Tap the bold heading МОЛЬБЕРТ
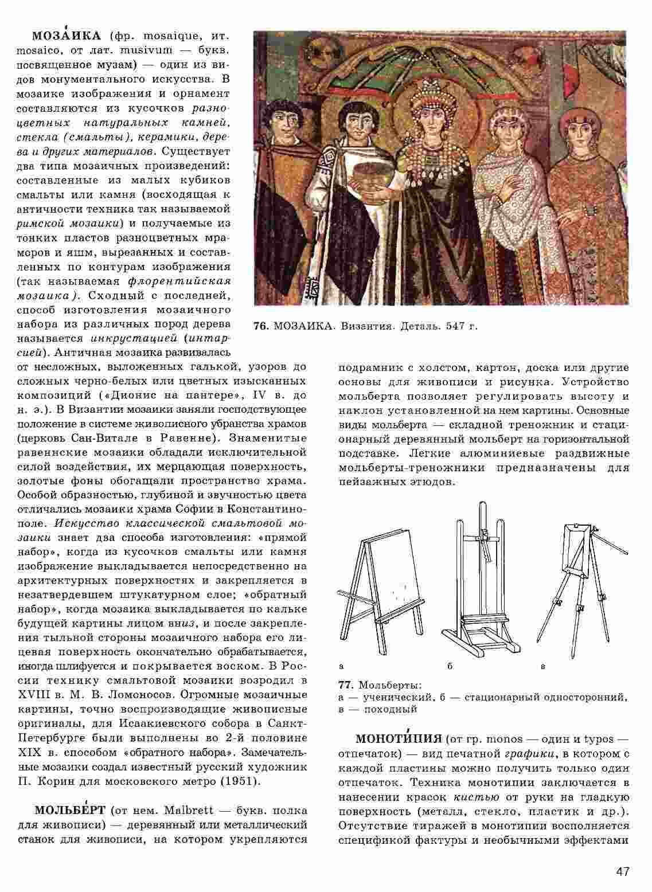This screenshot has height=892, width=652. [70, 811]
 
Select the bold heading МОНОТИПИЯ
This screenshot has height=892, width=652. [399, 738]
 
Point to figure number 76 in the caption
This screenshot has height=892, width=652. [260, 326]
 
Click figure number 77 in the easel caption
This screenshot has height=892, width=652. [345, 685]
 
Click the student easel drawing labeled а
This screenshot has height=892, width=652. [381, 590]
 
